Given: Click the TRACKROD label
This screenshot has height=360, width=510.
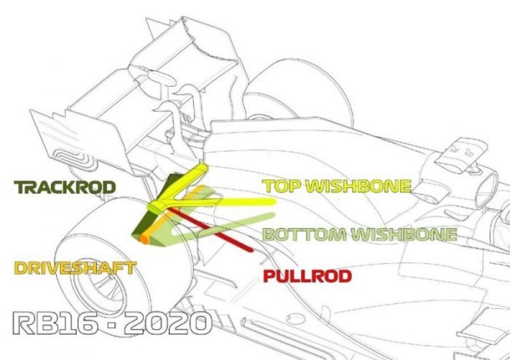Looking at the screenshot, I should click(66, 187).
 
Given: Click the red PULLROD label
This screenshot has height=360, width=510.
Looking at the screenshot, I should click(307, 277).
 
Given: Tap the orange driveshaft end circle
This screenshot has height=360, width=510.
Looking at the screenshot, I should click(145, 240).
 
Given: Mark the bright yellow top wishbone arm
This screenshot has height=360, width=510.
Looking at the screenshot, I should click(238, 202).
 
